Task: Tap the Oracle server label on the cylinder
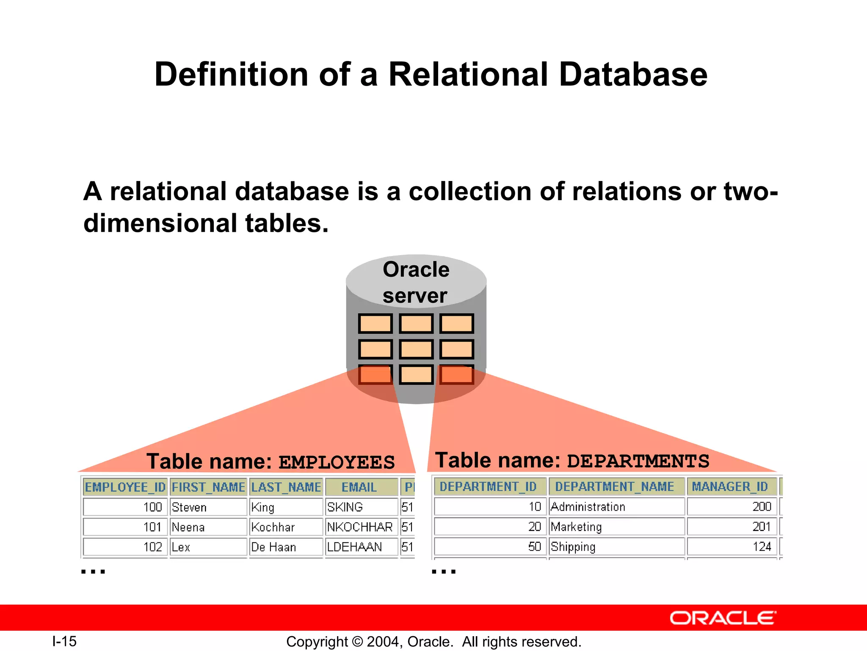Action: (416, 282)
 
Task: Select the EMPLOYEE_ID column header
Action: (125, 487)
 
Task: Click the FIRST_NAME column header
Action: (208, 487)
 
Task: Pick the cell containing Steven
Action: (208, 507)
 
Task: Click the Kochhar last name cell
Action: (286, 527)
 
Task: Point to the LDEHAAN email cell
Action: (361, 547)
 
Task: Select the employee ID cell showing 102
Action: (125, 547)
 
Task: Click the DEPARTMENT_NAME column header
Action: (616, 487)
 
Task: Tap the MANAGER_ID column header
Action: (732, 487)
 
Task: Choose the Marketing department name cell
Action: (616, 526)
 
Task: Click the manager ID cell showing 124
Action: (732, 546)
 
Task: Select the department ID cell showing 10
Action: (490, 506)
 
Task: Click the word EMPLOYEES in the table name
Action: (337, 462)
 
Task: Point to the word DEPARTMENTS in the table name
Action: (638, 461)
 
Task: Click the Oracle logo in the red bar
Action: (723, 618)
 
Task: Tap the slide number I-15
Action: (64, 641)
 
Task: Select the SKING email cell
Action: (361, 507)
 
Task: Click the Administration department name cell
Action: (616, 506)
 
